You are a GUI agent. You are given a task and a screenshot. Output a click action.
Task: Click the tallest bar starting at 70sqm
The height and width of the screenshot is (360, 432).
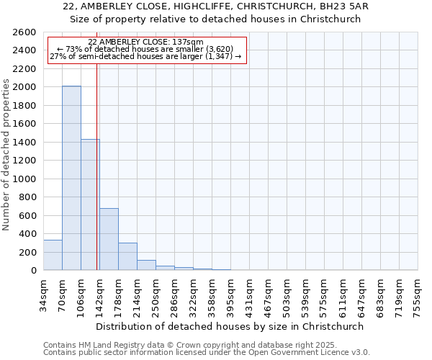[x=71, y=178]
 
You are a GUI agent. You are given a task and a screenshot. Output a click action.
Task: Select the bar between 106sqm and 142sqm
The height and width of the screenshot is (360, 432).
[x=90, y=204]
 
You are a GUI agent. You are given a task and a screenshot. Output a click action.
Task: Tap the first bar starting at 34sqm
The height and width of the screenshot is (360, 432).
[x=53, y=255]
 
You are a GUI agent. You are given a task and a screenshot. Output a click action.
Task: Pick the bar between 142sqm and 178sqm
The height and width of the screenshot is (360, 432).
[x=109, y=239]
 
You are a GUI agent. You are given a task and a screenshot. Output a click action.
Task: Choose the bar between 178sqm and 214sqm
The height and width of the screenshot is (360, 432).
[x=127, y=256]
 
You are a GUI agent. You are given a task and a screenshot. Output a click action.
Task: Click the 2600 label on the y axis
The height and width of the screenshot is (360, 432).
[x=24, y=32]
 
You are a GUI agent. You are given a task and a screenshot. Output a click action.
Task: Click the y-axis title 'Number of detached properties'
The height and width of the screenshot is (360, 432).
[x=7, y=152]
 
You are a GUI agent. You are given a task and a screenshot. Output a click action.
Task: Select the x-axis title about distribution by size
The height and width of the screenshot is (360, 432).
[x=230, y=326]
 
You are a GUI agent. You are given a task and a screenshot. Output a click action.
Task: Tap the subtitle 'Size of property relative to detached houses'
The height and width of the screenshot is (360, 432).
[x=215, y=19]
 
